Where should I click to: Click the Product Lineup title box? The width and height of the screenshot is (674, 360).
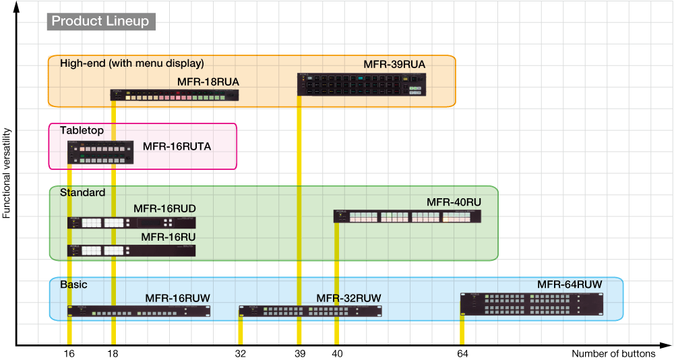tap(100, 21)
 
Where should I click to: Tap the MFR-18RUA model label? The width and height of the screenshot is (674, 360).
tap(208, 82)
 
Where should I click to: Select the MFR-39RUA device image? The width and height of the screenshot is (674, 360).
tap(363, 84)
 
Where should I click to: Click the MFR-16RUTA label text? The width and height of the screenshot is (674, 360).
tap(177, 146)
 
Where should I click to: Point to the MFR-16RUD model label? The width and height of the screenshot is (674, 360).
tap(164, 209)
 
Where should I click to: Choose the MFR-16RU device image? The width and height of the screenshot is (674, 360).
tap(131, 250)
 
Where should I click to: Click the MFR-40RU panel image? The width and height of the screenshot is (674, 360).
tap(407, 216)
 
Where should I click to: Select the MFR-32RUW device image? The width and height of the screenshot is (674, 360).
tap(310, 311)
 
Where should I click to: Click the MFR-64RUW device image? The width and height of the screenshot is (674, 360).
tap(531, 304)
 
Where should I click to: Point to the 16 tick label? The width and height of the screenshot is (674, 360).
tap(69, 353)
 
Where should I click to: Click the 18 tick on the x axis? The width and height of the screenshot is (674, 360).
tap(113, 353)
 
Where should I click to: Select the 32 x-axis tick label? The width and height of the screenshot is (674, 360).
tap(240, 353)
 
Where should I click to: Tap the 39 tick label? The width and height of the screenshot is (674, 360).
tap(299, 353)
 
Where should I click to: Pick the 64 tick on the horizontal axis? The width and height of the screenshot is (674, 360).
tap(462, 353)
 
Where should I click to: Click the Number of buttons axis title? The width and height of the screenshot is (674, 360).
tap(613, 353)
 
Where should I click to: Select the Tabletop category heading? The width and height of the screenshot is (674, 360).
tap(82, 130)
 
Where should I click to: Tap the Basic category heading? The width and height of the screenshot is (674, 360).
tap(73, 284)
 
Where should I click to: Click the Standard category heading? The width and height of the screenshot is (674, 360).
tap(82, 193)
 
